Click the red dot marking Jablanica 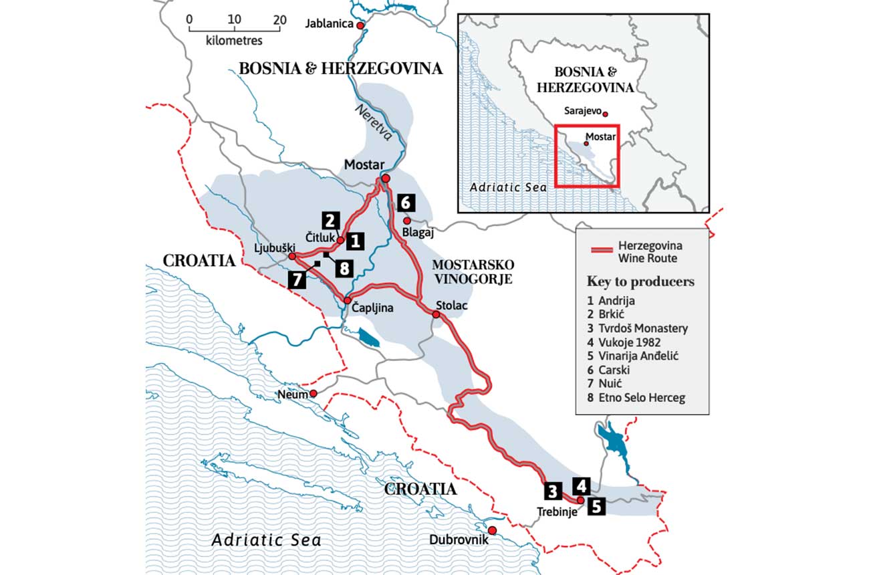360,25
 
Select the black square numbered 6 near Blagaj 406,203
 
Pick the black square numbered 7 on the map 296,279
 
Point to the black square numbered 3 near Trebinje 552,491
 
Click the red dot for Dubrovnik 493,530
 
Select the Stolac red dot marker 436,314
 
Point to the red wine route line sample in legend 609,251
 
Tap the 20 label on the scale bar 280,19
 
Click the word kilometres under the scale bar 235,41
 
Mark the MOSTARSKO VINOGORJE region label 472,271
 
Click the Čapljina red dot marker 348,300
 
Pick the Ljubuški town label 275,247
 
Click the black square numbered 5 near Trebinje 596,506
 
